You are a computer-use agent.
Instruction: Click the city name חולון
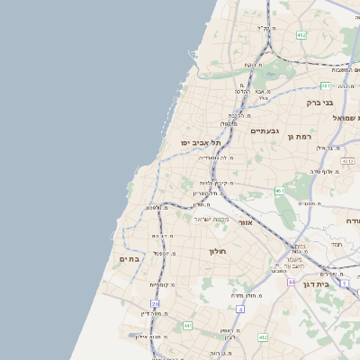click(219, 251)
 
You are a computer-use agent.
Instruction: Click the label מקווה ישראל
click(214, 220)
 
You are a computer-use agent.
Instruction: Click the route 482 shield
click(301, 35)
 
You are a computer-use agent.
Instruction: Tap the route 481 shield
click(325, 85)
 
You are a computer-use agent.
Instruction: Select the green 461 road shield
click(281, 191)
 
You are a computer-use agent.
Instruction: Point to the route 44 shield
click(292, 282)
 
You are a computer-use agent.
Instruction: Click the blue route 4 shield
click(239, 309)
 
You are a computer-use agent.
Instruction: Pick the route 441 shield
click(187, 325)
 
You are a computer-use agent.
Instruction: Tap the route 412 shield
click(262, 337)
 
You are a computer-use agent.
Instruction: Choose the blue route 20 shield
click(155, 304)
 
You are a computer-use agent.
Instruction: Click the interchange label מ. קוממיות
click(161, 285)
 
